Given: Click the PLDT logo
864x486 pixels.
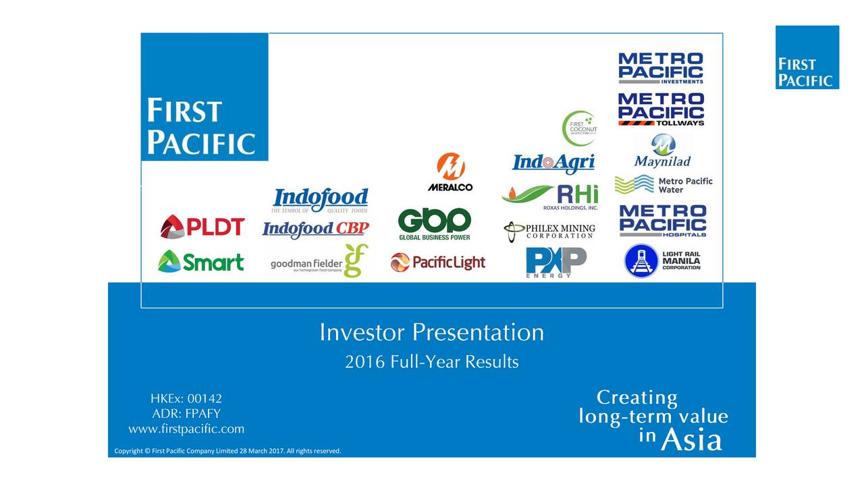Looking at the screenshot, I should tap(202, 227).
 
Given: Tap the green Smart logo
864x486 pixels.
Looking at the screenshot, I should tap(200, 261).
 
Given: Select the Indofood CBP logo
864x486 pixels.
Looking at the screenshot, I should tap(315, 230).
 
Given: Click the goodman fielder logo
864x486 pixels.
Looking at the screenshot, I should tap(319, 262).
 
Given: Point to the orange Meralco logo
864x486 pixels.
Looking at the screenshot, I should tap(450, 172).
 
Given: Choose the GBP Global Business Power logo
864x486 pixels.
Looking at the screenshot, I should tap(434, 224).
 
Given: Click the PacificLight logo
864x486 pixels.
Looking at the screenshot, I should tap(437, 262).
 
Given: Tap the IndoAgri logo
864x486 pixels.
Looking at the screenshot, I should tap(553, 163).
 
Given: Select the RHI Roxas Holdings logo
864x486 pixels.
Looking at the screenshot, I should tap(550, 196).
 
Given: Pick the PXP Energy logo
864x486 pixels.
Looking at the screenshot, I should tap(556, 262).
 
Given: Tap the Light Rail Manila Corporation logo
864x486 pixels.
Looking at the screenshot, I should tap(662, 261).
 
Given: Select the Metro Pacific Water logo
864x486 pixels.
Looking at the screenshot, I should tap(663, 184).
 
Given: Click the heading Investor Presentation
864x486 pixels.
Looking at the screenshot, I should tap(431, 333).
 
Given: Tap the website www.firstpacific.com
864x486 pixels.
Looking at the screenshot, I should tap(186, 429).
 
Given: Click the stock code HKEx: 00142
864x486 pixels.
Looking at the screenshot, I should tap(186, 399).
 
